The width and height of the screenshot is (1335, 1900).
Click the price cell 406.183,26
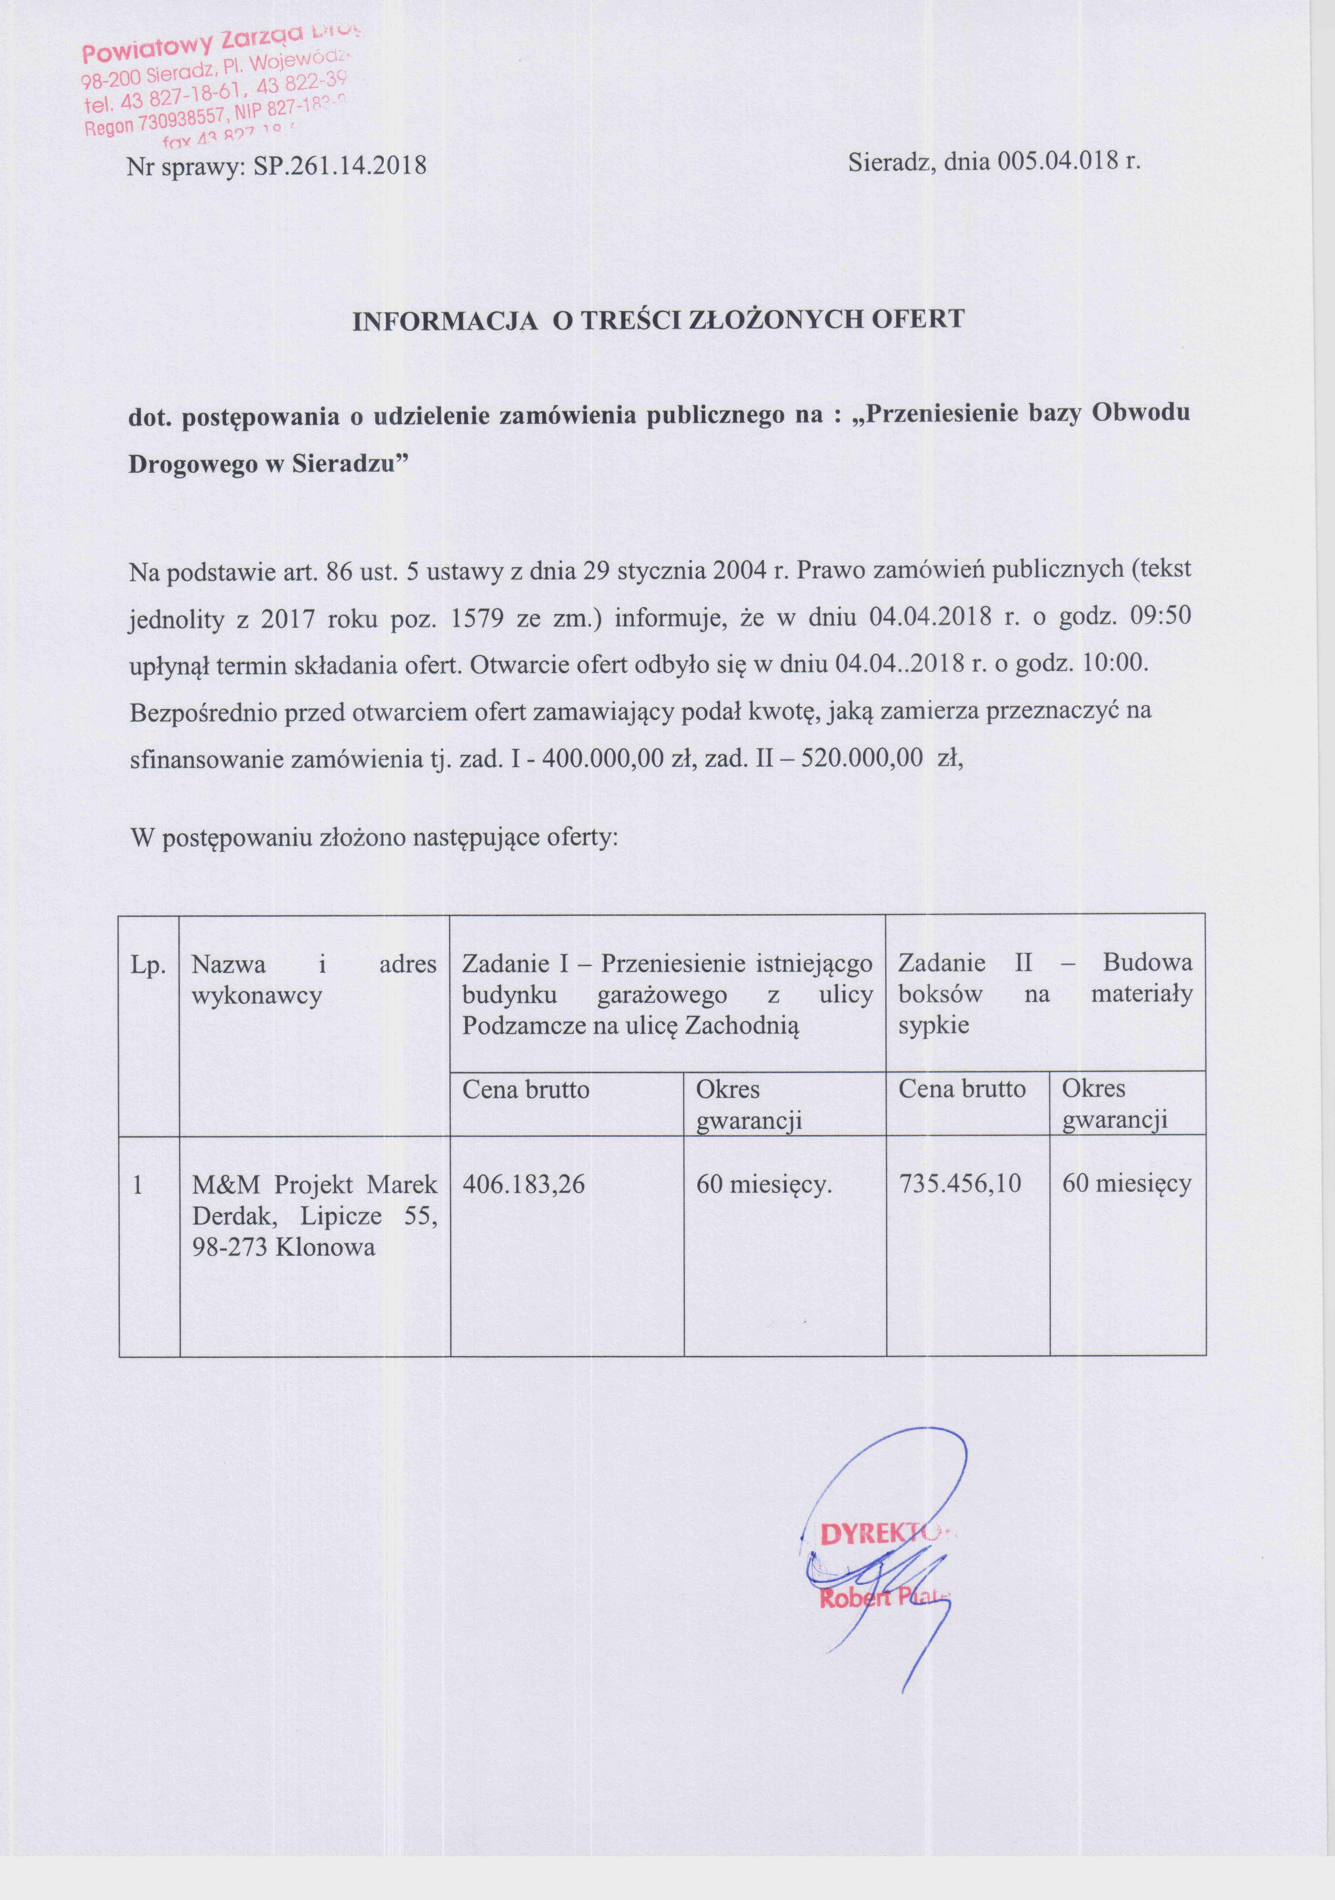click(x=523, y=1184)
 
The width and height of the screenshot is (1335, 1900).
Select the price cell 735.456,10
click(x=960, y=1184)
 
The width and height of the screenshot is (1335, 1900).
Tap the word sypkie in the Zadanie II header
click(x=934, y=1026)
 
